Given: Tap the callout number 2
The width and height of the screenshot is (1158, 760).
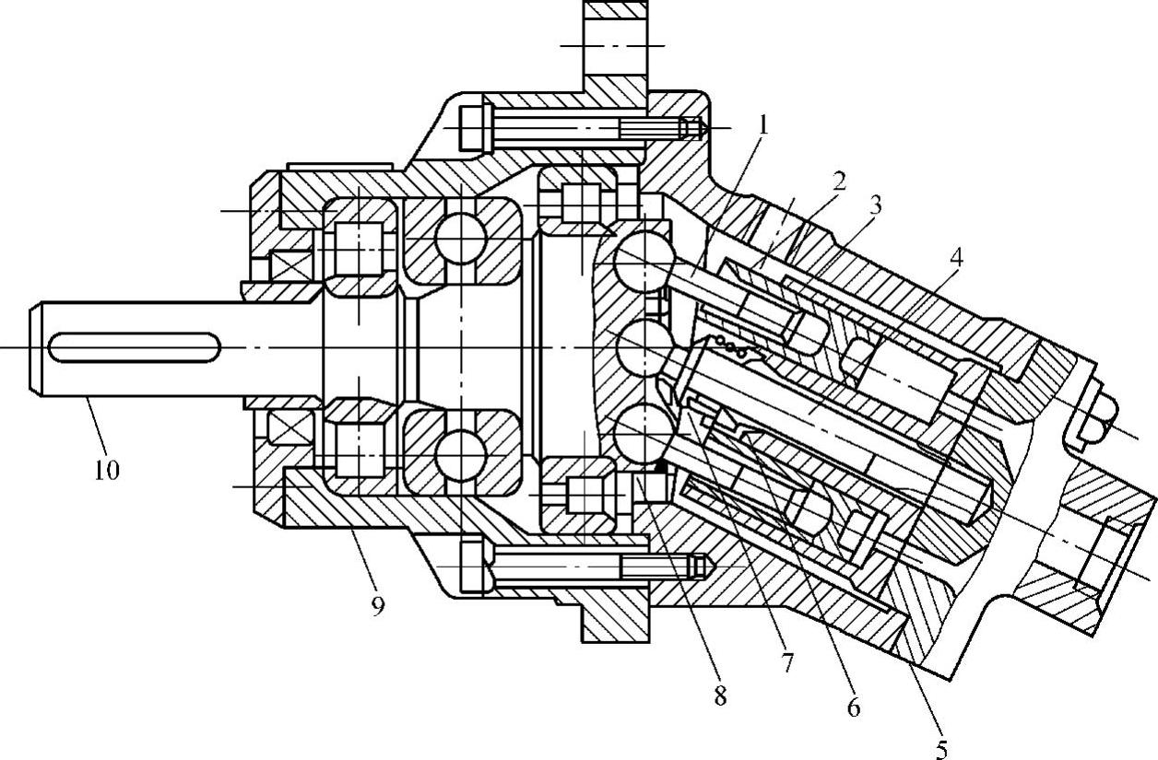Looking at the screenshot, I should pyautogui.click(x=837, y=181).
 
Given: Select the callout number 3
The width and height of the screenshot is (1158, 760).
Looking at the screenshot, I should pyautogui.click(x=874, y=205).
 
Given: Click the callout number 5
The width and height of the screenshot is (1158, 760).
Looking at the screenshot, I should pyautogui.click(x=940, y=748).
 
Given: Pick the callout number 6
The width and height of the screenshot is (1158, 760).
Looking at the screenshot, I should pyautogui.click(x=853, y=707).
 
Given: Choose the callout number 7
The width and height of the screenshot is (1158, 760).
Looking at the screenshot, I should pyautogui.click(x=786, y=662).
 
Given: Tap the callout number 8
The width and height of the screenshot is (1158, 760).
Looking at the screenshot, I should pyautogui.click(x=719, y=696).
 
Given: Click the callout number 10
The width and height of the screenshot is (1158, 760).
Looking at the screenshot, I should pyautogui.click(x=106, y=470).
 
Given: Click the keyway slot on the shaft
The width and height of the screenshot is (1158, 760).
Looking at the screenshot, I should pyautogui.click(x=135, y=348).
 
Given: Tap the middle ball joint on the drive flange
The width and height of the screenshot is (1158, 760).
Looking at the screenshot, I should pyautogui.click(x=641, y=347).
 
